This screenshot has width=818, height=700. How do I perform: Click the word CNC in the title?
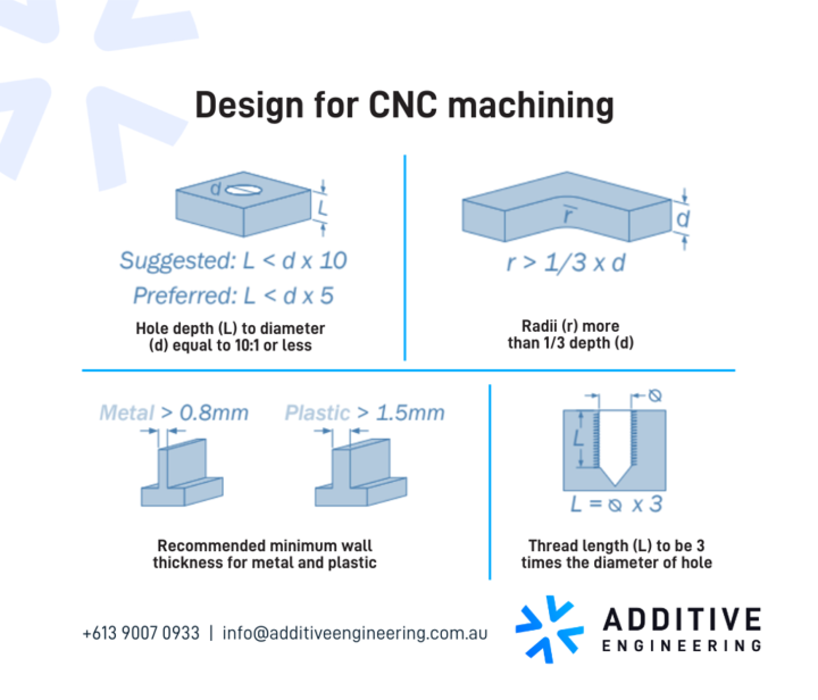pos(403,105)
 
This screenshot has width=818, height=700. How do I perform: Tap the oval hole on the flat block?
pos(243,191)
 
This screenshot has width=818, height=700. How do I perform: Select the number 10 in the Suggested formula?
pos(334,261)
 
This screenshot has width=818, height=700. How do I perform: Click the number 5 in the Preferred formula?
pos(327,295)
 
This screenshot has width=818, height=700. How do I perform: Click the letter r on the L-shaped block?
pos(569,215)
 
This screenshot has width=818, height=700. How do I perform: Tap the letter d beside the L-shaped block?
pos(683,219)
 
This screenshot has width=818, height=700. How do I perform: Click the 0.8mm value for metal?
pos(214,413)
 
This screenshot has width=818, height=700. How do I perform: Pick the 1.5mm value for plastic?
pos(410,413)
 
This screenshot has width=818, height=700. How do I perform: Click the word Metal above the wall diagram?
pos(127,413)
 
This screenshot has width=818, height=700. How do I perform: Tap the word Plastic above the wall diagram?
pos(317,413)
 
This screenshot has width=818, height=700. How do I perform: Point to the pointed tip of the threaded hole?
pos(615,485)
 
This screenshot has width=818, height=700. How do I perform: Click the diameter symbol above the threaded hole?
pos(655,396)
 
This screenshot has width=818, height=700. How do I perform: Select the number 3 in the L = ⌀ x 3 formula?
pos(656,504)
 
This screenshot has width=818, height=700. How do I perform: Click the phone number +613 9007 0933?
pos(141,633)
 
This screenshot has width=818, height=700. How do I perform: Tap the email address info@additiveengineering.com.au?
pos(355,633)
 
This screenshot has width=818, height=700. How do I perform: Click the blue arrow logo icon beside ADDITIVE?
pos(549,629)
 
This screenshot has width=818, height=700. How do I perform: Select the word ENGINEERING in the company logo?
pos(681,646)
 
